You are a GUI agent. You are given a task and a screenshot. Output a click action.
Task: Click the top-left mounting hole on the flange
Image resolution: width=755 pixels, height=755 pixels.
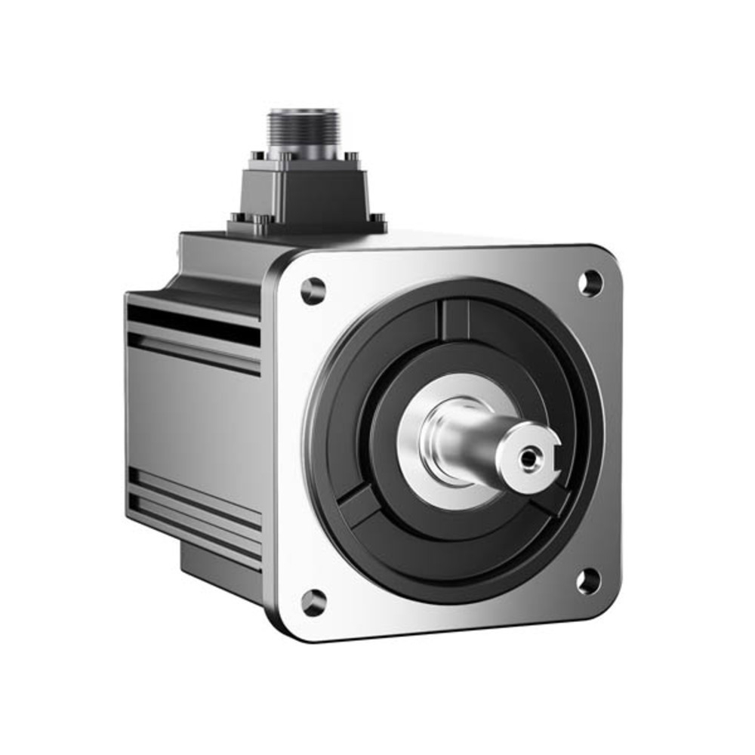[x=313, y=291]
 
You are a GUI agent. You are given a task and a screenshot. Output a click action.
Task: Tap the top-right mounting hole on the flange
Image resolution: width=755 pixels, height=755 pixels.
[x=590, y=282]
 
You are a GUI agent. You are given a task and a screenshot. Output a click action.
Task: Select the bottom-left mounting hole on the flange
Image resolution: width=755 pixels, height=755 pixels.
[x=314, y=602]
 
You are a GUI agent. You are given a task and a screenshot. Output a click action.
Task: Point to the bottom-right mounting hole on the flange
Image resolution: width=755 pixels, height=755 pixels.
[x=589, y=581]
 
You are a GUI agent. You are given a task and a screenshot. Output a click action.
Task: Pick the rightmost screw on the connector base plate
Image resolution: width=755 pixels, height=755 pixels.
[x=375, y=221]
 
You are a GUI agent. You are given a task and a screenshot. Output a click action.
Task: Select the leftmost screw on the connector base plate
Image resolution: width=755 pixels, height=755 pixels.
[x=236, y=221]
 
